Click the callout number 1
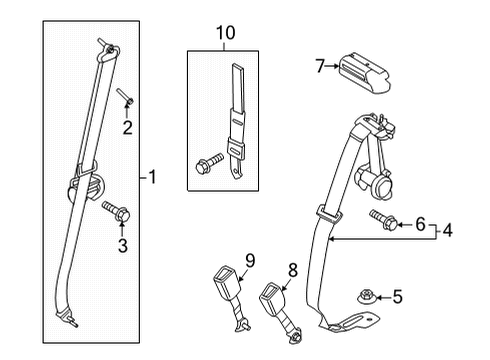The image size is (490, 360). pos(153,178)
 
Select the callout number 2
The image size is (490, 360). pos(126,127)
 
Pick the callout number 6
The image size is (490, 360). pos(420,223)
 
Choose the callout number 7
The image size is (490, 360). pos(321,67)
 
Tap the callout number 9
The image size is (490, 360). pos(250,260)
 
